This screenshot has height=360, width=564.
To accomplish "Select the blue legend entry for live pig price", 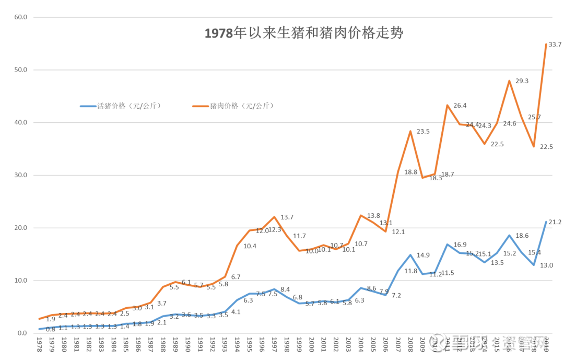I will (x=121, y=106).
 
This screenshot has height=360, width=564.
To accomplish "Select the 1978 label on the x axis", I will (x=39, y=344).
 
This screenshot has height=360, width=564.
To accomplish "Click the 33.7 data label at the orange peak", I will (x=554, y=45).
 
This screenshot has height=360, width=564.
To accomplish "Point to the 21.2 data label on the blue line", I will (x=554, y=222).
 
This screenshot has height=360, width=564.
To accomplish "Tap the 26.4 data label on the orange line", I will (x=460, y=105).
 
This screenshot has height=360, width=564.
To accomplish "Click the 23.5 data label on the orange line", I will (x=423, y=131).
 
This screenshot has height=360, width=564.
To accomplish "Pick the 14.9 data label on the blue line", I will (x=423, y=255).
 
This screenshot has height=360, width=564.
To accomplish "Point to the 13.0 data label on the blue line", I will (x=546, y=265).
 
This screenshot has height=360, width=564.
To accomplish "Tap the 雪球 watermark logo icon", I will (x=437, y=342).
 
